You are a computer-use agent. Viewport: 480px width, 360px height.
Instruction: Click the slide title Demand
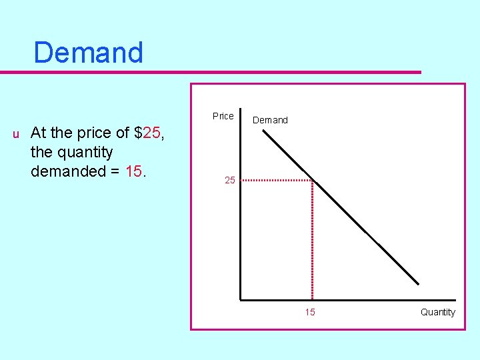(x=88, y=53)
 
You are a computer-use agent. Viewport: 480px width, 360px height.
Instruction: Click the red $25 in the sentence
(x=148, y=133)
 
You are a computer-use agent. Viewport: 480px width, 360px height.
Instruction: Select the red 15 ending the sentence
(x=133, y=171)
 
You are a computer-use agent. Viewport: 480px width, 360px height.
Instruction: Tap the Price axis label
(x=223, y=116)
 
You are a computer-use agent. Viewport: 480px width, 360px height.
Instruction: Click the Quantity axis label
(x=437, y=312)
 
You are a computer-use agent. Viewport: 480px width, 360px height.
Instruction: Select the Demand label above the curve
(x=270, y=120)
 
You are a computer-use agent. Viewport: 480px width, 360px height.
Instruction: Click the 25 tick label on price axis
(x=229, y=180)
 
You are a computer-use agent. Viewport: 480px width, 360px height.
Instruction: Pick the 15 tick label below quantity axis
(x=310, y=312)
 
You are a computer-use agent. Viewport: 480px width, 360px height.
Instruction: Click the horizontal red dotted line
(x=277, y=180)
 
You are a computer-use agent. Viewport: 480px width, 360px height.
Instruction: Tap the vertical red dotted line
(x=313, y=240)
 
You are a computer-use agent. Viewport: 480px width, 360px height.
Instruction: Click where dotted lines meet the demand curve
(x=313, y=180)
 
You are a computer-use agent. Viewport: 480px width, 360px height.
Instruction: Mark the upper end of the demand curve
(x=264, y=131)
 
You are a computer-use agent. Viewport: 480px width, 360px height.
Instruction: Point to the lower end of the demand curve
(x=418, y=284)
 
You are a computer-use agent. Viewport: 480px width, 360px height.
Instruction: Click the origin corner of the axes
(x=241, y=299)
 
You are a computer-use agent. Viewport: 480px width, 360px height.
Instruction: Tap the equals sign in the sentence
(x=115, y=171)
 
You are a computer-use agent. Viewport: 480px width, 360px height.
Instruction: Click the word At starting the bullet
(x=38, y=133)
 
